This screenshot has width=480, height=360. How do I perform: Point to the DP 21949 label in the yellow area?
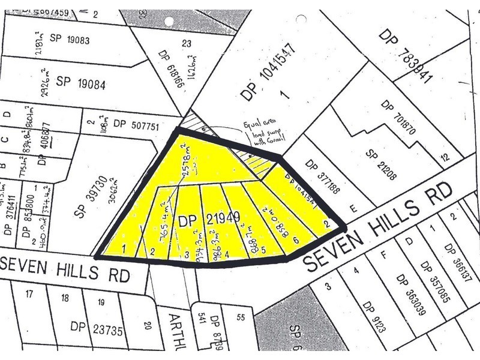tap(202, 221)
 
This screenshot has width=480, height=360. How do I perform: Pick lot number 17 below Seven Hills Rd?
tap(28, 294)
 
